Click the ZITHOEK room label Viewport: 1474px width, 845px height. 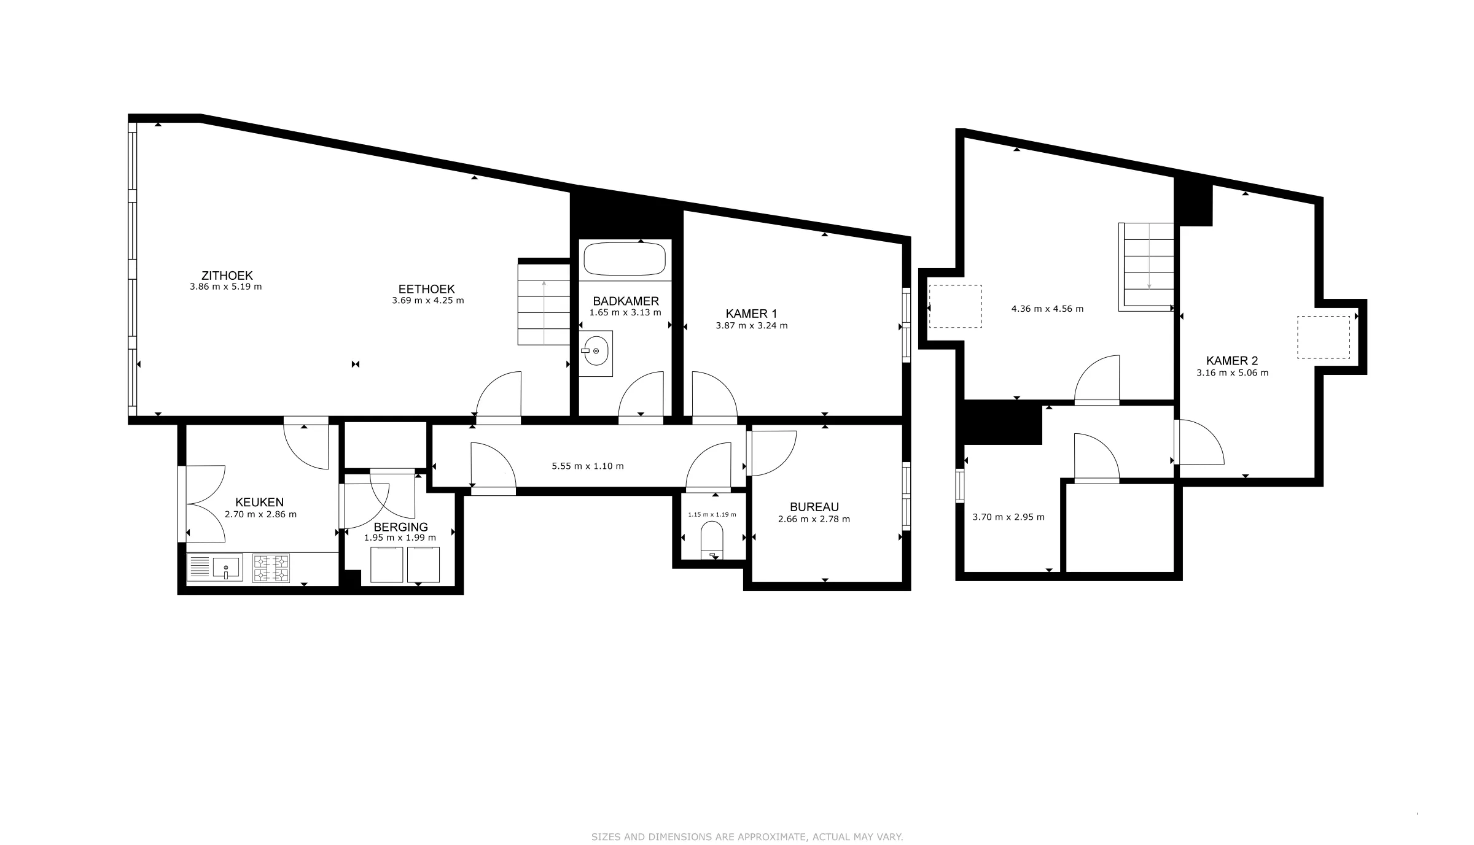[x=227, y=276]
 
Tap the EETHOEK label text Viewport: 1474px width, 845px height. [x=426, y=289]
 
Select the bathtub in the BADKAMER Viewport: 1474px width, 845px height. [x=625, y=260]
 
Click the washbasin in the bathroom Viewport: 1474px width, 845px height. [x=596, y=352]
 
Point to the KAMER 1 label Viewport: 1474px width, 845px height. [x=751, y=314]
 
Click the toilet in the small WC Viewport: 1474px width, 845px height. [x=712, y=541]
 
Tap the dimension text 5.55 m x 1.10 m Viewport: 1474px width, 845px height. [x=588, y=466]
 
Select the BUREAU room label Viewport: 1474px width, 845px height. [x=814, y=507]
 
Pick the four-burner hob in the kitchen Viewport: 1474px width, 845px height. [x=271, y=568]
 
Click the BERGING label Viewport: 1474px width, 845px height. [x=400, y=527]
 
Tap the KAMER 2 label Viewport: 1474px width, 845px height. [x=1232, y=361]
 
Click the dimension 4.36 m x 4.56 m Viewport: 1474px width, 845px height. [x=1047, y=309]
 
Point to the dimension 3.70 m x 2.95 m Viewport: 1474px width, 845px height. [x=1008, y=517]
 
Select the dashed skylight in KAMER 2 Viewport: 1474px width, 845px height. [x=1324, y=337]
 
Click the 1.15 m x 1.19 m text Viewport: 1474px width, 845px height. [x=712, y=514]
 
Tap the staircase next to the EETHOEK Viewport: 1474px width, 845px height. [x=544, y=304]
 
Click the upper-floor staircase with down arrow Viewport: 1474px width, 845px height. [x=1147, y=267]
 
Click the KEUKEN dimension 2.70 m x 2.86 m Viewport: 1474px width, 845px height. [x=260, y=514]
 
